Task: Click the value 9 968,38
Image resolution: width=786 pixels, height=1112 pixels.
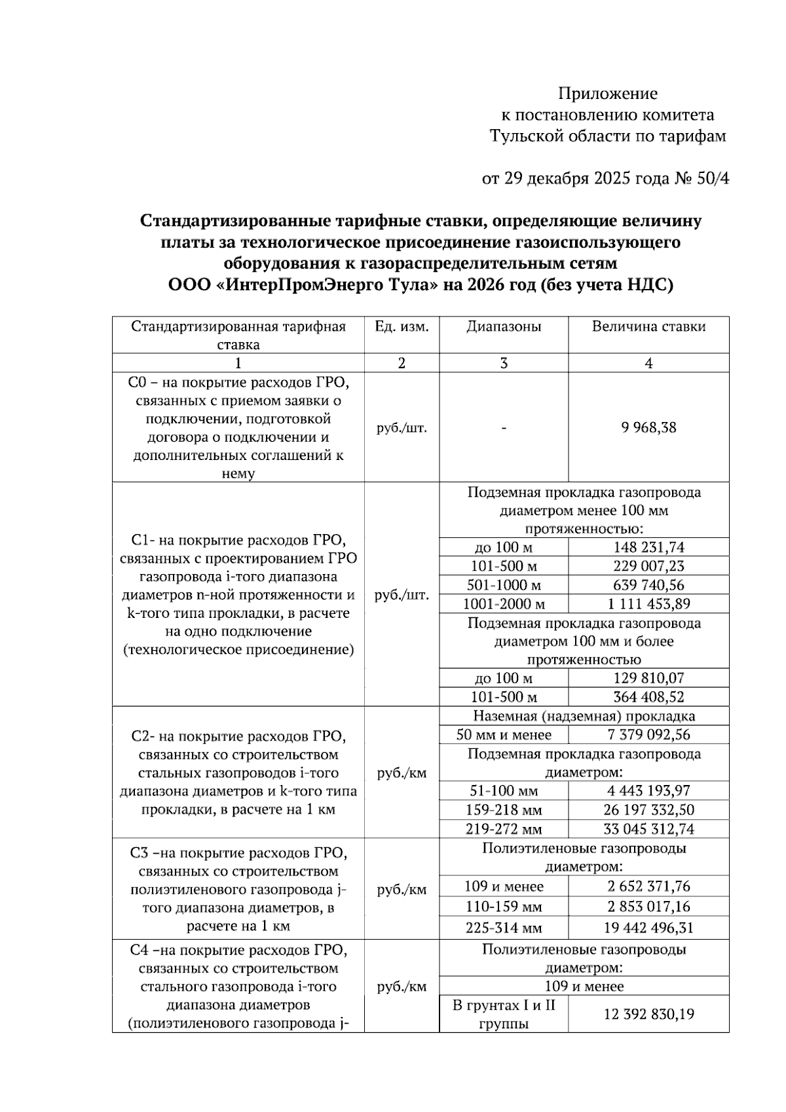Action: click(x=648, y=428)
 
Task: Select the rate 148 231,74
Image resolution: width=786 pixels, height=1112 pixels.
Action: click(x=648, y=547)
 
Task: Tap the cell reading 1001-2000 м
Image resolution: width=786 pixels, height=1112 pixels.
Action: click(x=504, y=604)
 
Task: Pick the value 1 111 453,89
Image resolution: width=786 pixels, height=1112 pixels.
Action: click(x=648, y=604)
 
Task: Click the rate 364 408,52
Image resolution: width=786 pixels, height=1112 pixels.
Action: click(x=648, y=697)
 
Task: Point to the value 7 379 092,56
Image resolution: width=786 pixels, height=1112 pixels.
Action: click(x=648, y=735)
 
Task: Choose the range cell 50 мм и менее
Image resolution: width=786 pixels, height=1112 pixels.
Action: click(x=504, y=735)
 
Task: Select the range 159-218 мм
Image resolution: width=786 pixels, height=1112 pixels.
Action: click(x=504, y=810)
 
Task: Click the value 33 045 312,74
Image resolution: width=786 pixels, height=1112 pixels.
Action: click(x=648, y=829)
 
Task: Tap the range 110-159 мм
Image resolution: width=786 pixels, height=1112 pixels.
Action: click(x=504, y=907)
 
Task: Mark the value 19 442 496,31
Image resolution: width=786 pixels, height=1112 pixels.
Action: click(x=648, y=928)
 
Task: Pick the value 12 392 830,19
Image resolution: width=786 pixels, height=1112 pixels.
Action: click(x=648, y=1014)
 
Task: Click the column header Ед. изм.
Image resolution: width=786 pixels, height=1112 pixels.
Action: click(x=402, y=326)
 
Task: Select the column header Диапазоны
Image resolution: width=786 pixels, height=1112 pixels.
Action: click(x=504, y=326)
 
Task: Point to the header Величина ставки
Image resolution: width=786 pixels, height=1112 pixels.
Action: click(x=648, y=326)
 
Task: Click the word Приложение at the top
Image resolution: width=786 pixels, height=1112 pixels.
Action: click(x=608, y=93)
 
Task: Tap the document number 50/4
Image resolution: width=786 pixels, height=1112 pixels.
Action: click(x=713, y=178)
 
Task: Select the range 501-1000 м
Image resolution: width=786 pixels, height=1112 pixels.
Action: click(x=504, y=585)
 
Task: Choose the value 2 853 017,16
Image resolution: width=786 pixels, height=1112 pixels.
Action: click(x=648, y=907)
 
